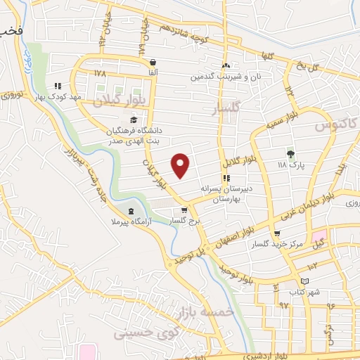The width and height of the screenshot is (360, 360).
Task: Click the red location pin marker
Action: point(181,165)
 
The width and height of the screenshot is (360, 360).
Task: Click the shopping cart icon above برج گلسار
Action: point(184,210)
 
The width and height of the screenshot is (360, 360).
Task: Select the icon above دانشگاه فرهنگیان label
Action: point(134,120)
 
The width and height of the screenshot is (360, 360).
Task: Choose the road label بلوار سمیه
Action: point(279,122)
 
